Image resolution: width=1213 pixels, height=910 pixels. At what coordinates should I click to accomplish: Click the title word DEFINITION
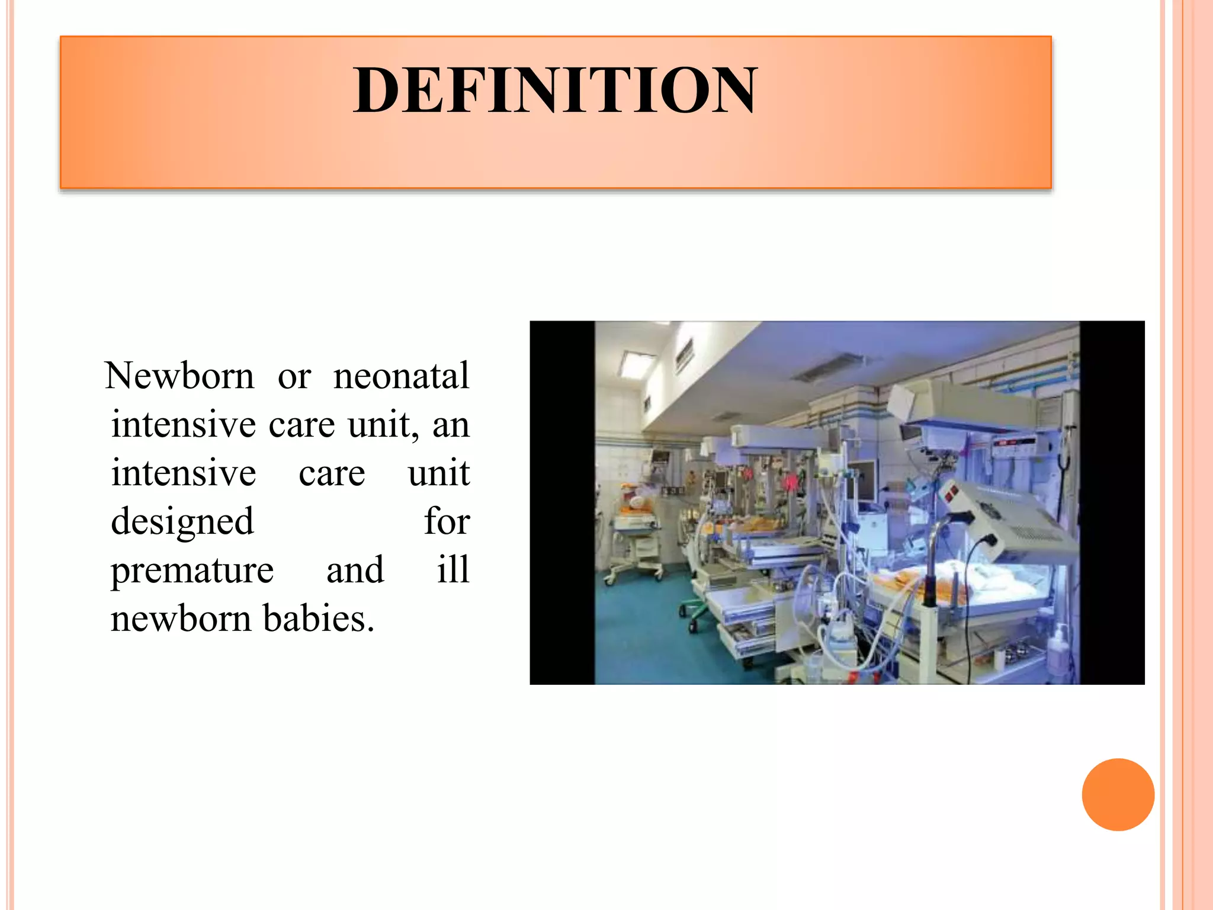[x=554, y=90]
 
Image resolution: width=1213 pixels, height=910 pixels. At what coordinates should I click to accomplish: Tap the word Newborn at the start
[x=179, y=376]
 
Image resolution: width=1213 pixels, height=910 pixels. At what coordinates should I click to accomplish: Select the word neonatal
[x=401, y=376]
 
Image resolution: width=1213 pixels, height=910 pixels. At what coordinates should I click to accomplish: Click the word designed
[x=182, y=521]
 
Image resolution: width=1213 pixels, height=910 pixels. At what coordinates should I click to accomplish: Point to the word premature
[x=192, y=570]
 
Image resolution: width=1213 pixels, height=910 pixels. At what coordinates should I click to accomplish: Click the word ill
[x=453, y=570]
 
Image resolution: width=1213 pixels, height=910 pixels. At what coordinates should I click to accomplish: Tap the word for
[x=447, y=521]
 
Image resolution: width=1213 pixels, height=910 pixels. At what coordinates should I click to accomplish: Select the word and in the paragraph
[x=355, y=570]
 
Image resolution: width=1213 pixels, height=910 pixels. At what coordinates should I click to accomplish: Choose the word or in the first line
[x=294, y=377]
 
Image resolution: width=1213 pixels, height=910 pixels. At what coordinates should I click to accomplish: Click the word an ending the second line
[x=451, y=425]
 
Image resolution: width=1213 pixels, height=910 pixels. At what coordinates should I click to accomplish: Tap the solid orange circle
[x=1118, y=794]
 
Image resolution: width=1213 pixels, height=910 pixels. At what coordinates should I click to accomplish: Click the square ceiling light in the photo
[x=637, y=363]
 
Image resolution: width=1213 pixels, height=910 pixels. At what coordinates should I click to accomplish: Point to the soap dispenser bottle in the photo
[x=1055, y=649]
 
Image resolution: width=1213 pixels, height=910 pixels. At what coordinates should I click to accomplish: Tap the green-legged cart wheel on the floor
[x=692, y=624]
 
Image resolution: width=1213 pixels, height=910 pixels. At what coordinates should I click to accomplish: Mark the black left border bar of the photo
[x=562, y=502]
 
